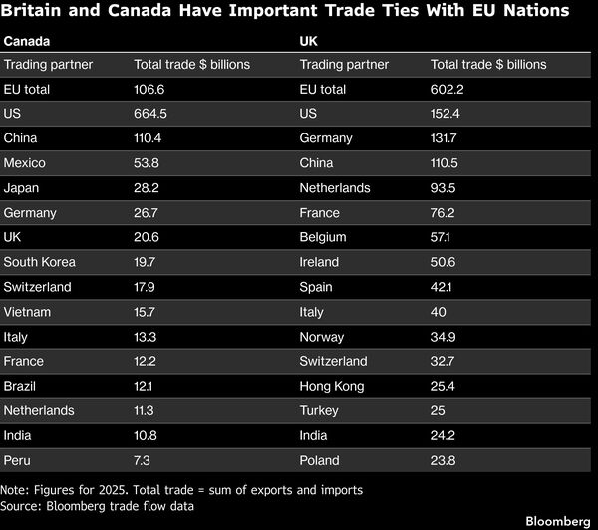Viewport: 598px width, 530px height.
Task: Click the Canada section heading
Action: pyautogui.click(x=27, y=41)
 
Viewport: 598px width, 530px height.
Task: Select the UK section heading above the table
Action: pyautogui.click(x=308, y=41)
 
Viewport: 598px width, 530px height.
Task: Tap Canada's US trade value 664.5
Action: pyautogui.click(x=150, y=114)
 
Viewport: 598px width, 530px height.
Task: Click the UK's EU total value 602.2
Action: pyautogui.click(x=447, y=90)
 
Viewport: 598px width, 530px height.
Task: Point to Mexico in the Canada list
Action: pyautogui.click(x=24, y=163)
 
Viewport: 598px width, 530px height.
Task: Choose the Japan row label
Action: pyautogui.click(x=21, y=188)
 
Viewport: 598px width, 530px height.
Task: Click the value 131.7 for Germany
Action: pyautogui.click(x=444, y=138)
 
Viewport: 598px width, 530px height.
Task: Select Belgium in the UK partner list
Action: pyautogui.click(x=323, y=237)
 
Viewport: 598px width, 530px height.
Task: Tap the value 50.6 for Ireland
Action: pyautogui.click(x=443, y=262)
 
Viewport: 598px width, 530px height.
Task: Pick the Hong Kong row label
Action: pyautogui.click(x=332, y=387)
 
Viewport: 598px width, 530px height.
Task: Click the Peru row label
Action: pyautogui.click(x=17, y=460)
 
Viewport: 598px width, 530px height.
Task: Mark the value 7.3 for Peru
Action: pyautogui.click(x=142, y=460)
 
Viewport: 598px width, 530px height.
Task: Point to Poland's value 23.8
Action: pyautogui.click(x=443, y=460)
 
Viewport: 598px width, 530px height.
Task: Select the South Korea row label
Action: pyautogui.click(x=39, y=262)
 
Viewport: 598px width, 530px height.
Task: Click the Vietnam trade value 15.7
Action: pyautogui.click(x=145, y=312)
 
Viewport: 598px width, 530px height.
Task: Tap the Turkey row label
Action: pyautogui.click(x=319, y=411)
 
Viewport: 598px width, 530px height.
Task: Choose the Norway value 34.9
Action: pyautogui.click(x=443, y=337)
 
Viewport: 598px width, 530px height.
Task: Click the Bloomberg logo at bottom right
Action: pyautogui.click(x=558, y=521)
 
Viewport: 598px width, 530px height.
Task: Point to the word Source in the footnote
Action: pyautogui.click(x=21, y=506)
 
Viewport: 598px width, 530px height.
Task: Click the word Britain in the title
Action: pyautogui.click(x=31, y=10)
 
